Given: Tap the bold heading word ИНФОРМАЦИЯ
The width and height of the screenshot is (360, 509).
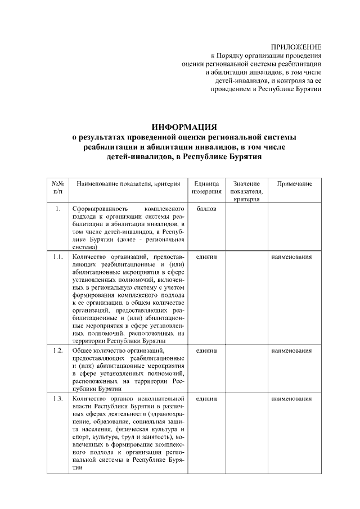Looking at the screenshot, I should [184, 127].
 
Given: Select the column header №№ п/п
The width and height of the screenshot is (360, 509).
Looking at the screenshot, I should [58, 188].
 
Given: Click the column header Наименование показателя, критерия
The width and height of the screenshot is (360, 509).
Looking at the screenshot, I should [128, 184].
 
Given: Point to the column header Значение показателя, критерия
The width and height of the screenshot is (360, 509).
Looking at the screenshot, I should [246, 191].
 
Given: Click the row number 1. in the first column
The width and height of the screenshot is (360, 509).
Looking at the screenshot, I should [58, 209].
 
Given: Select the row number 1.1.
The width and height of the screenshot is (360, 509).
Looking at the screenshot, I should [58, 256].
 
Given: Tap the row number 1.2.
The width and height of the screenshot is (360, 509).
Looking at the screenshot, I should [58, 350].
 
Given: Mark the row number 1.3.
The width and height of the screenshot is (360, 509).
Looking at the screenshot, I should [58, 399].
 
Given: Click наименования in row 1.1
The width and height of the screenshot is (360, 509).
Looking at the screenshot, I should [291, 256].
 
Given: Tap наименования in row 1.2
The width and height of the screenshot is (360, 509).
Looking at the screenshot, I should [291, 350].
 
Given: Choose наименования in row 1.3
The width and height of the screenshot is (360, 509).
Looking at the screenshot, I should [291, 399].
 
